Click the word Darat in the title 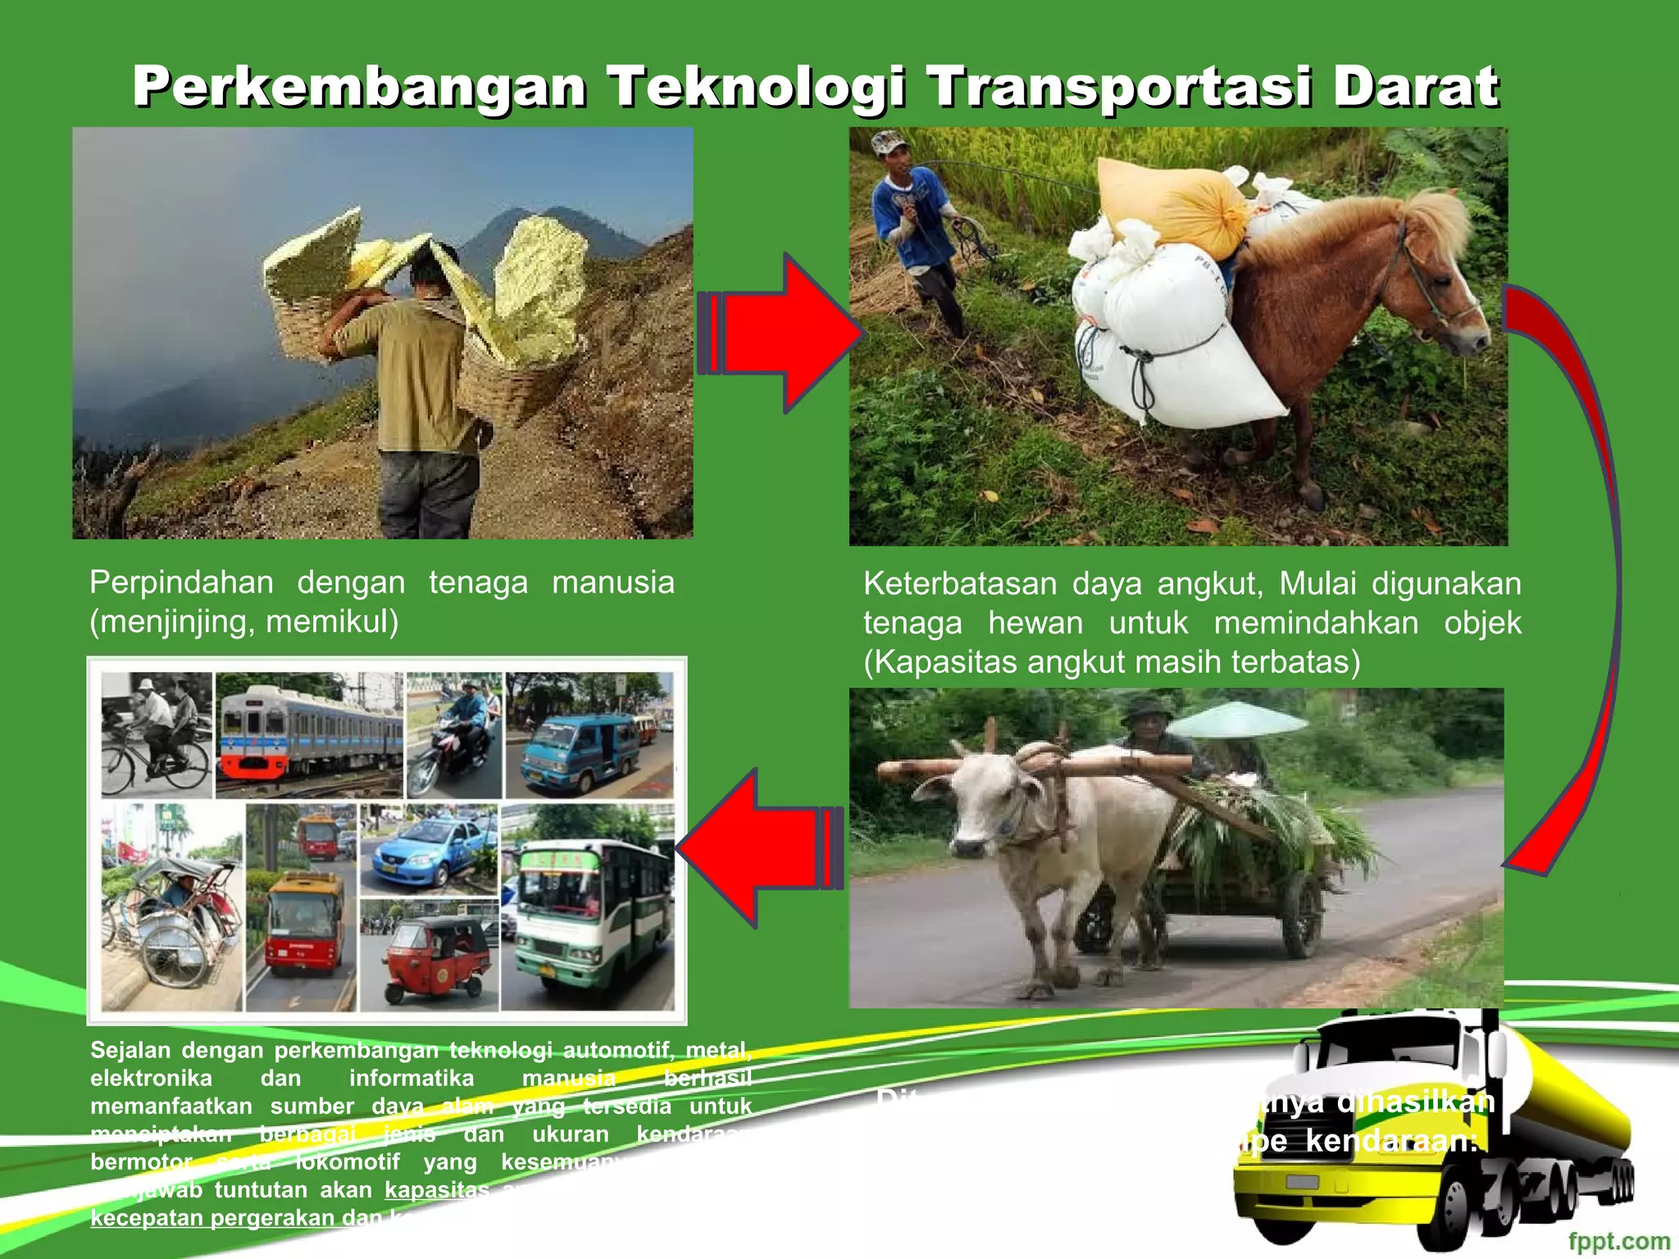[x=1415, y=87]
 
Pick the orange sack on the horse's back [x=1172, y=205]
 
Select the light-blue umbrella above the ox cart [x=1238, y=717]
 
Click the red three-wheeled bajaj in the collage [x=435, y=959]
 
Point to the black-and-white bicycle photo [x=156, y=734]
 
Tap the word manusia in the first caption [x=612, y=583]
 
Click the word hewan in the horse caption [x=1035, y=623]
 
